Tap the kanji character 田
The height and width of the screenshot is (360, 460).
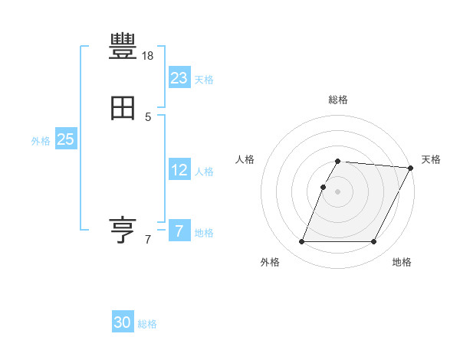[x=123, y=109]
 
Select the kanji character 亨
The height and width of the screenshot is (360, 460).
[x=123, y=230]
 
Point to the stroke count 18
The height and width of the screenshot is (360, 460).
[x=148, y=56]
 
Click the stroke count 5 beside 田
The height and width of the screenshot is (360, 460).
[x=148, y=117]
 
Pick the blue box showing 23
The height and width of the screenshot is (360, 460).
[x=179, y=77]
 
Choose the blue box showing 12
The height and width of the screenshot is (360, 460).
[x=179, y=170]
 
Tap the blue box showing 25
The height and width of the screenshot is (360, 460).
[x=65, y=139]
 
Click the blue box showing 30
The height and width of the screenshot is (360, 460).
[x=123, y=322]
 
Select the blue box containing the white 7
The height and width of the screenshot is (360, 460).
[x=179, y=231]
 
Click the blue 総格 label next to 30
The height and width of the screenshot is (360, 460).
[x=148, y=325]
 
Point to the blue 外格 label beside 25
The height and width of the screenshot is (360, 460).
[x=40, y=141]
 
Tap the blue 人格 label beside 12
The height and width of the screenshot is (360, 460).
[x=204, y=172]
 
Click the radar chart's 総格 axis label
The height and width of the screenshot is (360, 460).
[x=338, y=100]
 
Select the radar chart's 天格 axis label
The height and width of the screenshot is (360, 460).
[x=431, y=159]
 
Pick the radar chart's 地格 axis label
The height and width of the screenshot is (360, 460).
[x=402, y=262]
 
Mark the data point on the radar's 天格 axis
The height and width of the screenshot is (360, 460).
[x=411, y=168]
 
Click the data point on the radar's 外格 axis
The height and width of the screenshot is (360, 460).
[x=301, y=242]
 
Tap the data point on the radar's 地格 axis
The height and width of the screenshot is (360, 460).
[x=374, y=242]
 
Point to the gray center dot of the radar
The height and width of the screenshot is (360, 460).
[x=338, y=191]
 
